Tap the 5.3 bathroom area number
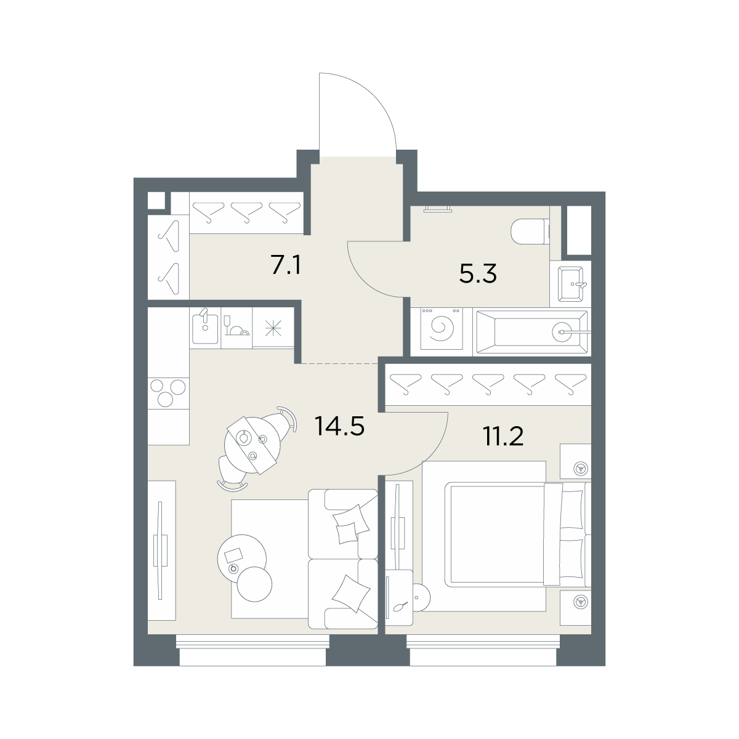[478, 273]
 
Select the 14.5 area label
[339, 426]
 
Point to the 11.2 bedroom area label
[504, 436]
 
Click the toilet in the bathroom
[531, 232]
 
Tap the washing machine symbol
[442, 329]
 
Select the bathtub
[532, 332]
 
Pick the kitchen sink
[205, 328]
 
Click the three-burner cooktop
[169, 393]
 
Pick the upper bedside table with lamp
[575, 461]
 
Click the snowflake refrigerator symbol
[273, 328]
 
